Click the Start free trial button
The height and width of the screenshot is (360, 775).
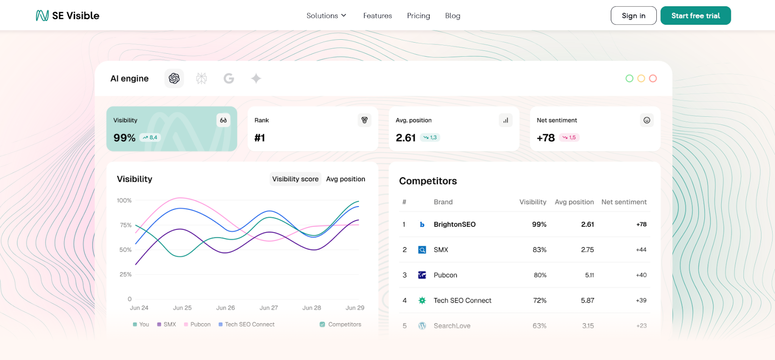click(x=695, y=16)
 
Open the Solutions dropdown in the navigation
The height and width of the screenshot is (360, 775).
click(x=326, y=16)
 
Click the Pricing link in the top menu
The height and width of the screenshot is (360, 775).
click(x=418, y=16)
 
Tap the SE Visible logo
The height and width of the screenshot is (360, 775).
click(x=67, y=16)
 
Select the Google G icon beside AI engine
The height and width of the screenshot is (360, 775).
click(x=229, y=78)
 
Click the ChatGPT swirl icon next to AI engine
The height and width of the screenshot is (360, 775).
click(x=174, y=78)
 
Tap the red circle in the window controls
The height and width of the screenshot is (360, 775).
click(x=652, y=78)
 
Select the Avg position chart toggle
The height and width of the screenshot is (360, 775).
click(x=345, y=179)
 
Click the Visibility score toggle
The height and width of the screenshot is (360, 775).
click(x=295, y=179)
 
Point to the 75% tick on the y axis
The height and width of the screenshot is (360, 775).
click(x=125, y=225)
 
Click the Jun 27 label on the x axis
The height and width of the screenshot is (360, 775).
click(x=268, y=308)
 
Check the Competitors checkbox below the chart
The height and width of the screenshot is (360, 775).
click(x=322, y=324)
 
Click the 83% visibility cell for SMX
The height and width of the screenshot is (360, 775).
click(x=539, y=250)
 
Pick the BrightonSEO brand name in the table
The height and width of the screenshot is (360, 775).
click(x=454, y=224)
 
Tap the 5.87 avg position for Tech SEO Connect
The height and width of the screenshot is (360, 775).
click(x=587, y=300)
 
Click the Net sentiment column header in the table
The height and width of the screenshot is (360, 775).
click(x=623, y=202)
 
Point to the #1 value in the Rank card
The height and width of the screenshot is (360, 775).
click(x=260, y=138)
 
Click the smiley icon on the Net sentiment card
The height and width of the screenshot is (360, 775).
click(x=646, y=120)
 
